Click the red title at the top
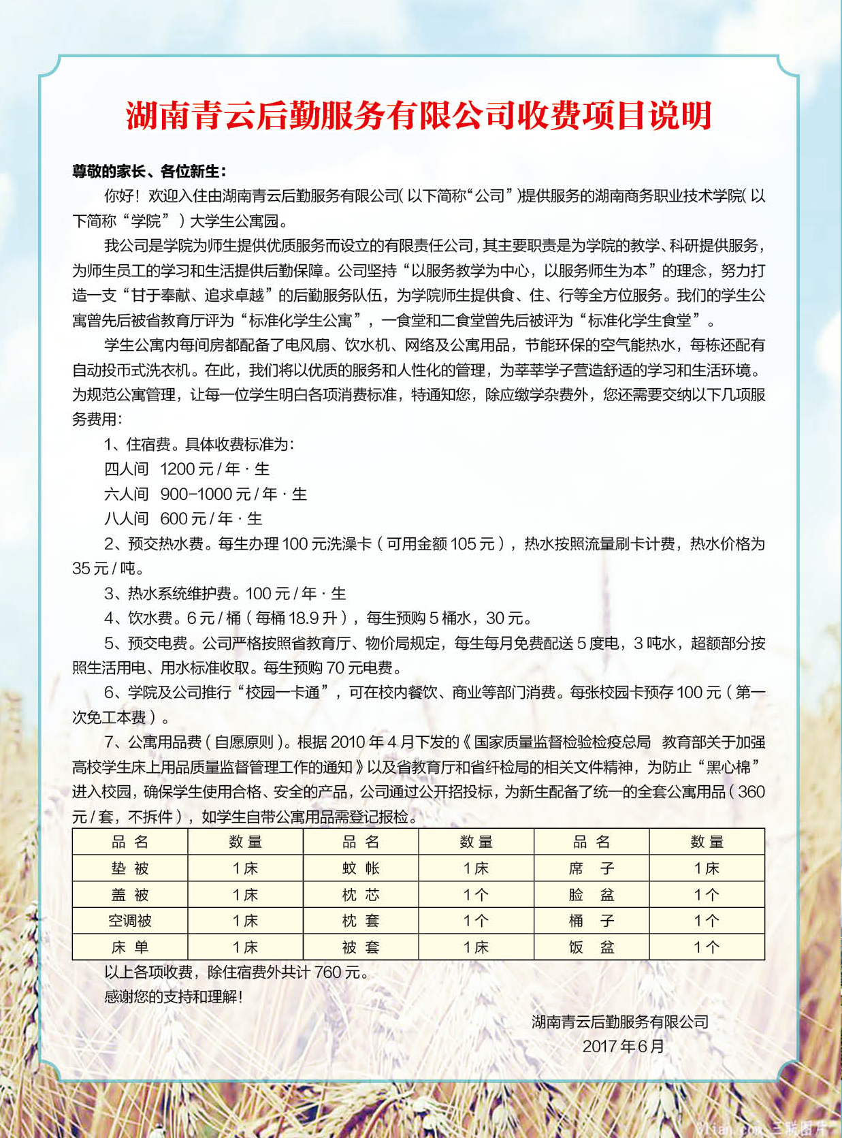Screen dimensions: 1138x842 click(419, 116)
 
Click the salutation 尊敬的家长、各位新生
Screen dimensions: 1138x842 click(149, 171)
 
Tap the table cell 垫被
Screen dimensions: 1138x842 click(130, 868)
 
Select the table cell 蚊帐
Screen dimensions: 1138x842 click(361, 868)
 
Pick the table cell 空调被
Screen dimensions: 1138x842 click(130, 921)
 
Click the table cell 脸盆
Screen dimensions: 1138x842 click(592, 895)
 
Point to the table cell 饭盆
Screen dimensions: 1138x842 click(592, 947)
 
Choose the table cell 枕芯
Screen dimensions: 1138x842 click(361, 895)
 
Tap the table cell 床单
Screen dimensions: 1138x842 click(130, 947)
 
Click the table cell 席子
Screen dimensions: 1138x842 click(592, 868)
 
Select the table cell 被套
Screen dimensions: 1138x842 click(361, 947)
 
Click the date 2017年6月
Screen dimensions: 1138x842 click(623, 1047)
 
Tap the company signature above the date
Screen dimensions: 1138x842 click(620, 1022)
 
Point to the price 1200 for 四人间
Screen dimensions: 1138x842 click(178, 469)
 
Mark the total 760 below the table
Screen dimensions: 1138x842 click(327, 973)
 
